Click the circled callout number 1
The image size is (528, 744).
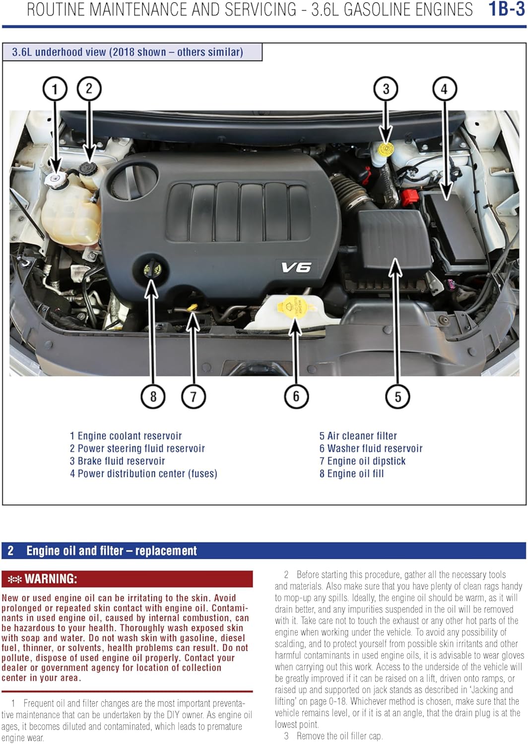coord(55,89)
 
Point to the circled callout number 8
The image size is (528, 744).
coord(153,396)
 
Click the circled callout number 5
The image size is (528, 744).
coord(397,396)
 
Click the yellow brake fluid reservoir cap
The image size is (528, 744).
coord(385,148)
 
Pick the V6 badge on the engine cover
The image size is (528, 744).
coord(296,268)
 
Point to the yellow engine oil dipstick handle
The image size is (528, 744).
coord(193,309)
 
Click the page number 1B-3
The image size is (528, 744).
coord(506,10)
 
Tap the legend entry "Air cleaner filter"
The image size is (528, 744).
coord(358,436)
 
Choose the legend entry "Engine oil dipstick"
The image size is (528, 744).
coord(362,461)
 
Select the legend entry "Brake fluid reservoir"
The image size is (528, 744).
coord(117,461)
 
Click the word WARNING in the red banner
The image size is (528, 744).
coord(51,579)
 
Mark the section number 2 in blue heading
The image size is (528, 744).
coord(10,551)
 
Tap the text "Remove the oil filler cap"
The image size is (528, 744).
coord(339,736)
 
